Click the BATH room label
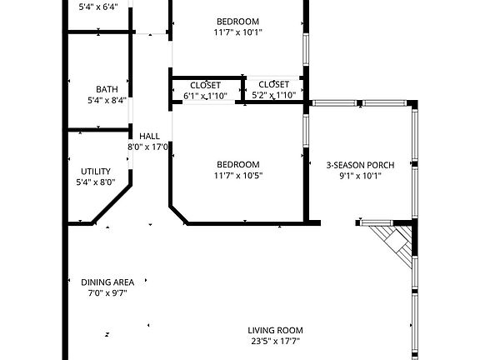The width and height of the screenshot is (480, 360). click(x=107, y=89)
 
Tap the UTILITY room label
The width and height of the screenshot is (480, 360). click(x=95, y=171)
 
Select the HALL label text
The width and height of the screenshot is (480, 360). click(x=149, y=136)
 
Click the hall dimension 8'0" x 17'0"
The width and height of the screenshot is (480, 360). click(x=148, y=147)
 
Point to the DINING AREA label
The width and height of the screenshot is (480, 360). click(x=107, y=282)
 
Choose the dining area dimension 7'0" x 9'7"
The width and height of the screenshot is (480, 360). click(x=107, y=292)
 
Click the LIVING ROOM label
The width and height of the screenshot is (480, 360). click(x=274, y=329)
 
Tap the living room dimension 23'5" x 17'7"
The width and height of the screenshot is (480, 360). click(x=274, y=340)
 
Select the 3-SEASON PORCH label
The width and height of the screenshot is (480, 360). click(x=359, y=165)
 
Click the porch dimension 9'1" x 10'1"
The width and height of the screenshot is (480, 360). click(x=359, y=176)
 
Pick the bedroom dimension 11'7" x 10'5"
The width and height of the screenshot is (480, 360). click(x=237, y=175)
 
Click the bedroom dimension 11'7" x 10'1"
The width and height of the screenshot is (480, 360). click(x=237, y=32)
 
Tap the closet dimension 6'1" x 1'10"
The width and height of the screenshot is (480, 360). click(x=205, y=96)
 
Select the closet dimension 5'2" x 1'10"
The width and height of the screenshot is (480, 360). click(x=273, y=95)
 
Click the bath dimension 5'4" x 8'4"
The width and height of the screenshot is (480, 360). click(x=107, y=100)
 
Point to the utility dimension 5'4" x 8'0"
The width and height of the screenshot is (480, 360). click(x=95, y=182)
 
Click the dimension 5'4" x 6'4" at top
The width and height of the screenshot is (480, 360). click(x=97, y=7)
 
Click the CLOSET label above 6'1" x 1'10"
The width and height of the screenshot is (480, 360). click(x=205, y=85)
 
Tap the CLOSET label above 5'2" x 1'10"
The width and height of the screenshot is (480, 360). click(x=273, y=84)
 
